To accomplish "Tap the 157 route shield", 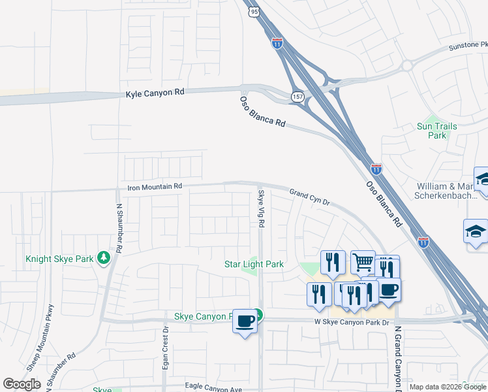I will coord(297,95).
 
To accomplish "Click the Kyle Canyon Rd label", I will coord(155,93).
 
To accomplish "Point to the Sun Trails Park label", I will coord(436,131).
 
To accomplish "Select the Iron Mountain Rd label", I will coord(154,187).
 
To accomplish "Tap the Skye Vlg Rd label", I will coord(261,208).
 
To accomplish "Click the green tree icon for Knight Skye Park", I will coord(103,258).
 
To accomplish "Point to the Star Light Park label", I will coord(254,264).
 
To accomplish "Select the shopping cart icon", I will coord(363,262).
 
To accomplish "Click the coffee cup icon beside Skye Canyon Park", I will coord(245,321).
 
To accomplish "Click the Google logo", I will coord(22,384).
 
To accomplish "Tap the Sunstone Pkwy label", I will coord(468,48).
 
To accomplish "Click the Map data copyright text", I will coord(448,387).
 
